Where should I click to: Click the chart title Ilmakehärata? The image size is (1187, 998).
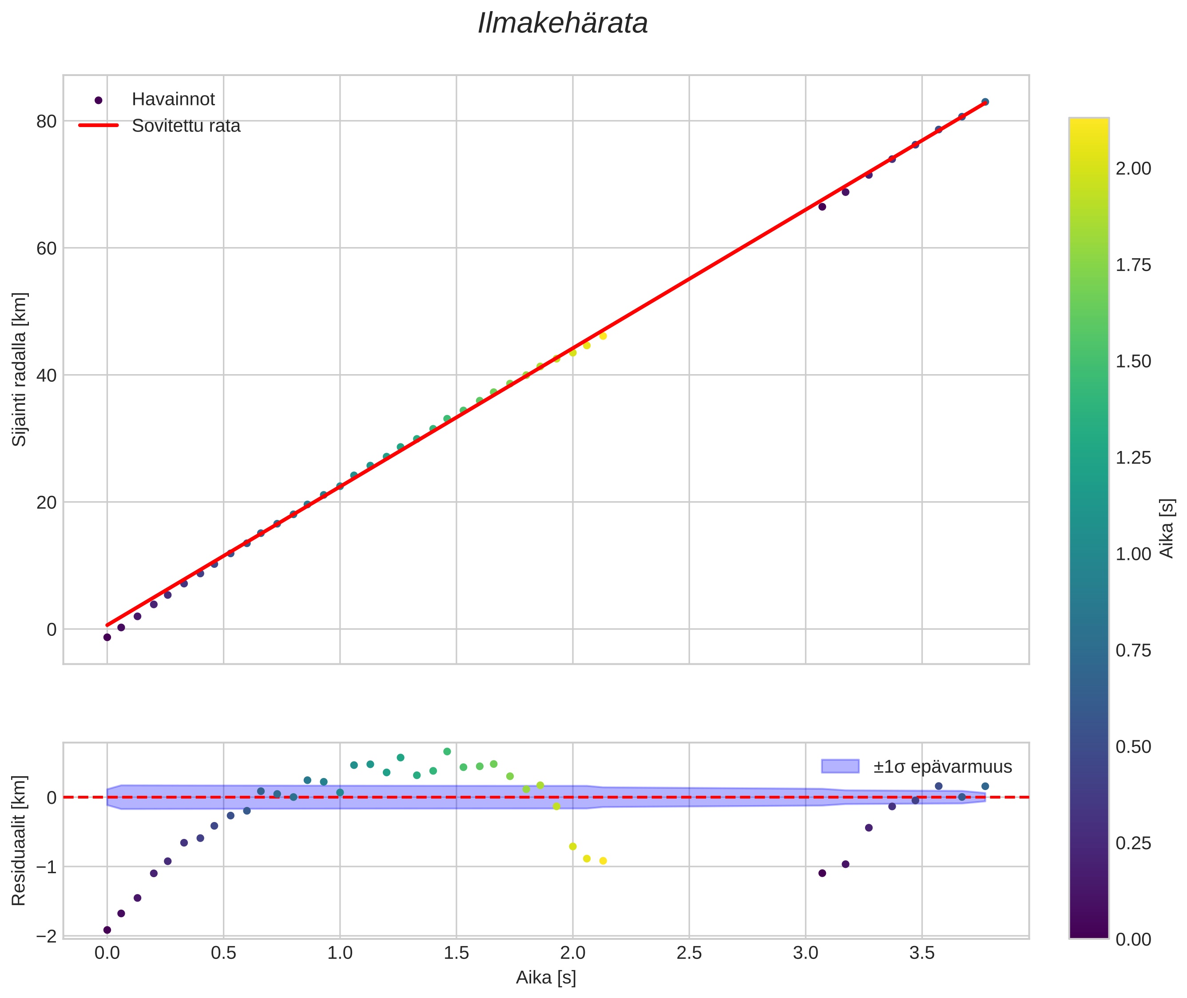click(562, 24)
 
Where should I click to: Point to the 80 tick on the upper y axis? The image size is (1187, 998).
click(46, 121)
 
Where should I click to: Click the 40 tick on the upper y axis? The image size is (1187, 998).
click(46, 375)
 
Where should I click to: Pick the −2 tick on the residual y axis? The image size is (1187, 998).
click(46, 936)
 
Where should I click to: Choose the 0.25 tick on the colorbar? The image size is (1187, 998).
click(1133, 843)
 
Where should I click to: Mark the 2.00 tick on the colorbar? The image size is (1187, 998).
click(1133, 168)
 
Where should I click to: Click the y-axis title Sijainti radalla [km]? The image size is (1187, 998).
click(20, 369)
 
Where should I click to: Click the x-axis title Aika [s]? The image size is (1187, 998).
click(546, 978)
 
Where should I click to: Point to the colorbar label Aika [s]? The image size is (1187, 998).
click(1167, 528)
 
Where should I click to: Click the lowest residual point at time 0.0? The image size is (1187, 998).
click(107, 930)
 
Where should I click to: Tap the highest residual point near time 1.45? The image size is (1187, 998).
click(447, 751)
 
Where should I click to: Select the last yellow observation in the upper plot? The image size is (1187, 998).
click(603, 335)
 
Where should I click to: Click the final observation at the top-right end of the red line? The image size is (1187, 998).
click(985, 102)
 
